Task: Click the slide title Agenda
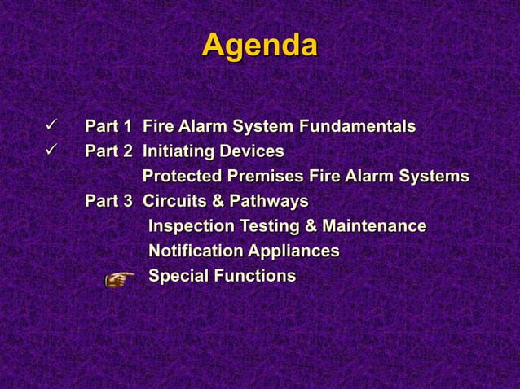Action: point(259,46)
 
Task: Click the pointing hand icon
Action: point(120,279)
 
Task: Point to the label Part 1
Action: point(108,127)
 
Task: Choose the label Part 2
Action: point(108,152)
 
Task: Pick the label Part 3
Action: point(108,201)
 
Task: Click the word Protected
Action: point(183,177)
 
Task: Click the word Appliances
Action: point(293,251)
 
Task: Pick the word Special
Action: point(178,277)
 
